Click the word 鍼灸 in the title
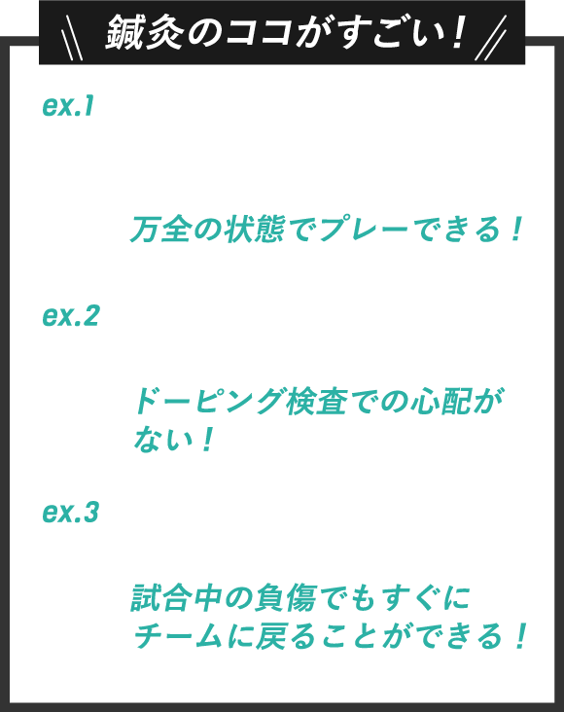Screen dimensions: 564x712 pos(145,32)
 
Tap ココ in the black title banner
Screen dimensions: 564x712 pos(259,33)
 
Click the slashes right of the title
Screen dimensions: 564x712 pos(490,38)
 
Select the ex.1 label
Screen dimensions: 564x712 pos(68,106)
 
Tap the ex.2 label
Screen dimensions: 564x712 pos(70,315)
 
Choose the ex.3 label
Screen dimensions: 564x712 pos(70,513)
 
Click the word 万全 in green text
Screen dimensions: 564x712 pos(159,229)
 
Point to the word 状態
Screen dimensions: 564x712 pos(255,229)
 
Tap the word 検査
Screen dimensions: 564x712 pos(316,402)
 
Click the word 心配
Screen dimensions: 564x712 pos(441,402)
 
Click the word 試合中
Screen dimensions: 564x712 pos(176,597)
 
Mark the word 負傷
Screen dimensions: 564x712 pos(286,597)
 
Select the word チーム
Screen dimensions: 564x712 pos(178,636)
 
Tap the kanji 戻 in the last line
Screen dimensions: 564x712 pos(270,636)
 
